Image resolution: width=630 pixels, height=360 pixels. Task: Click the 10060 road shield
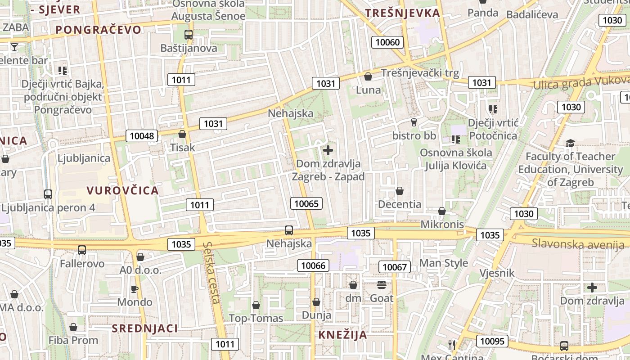pyautogui.click(x=387, y=42)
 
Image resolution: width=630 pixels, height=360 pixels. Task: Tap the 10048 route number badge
pyautogui.click(x=141, y=136)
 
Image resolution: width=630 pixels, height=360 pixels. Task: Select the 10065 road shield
pyautogui.click(x=306, y=203)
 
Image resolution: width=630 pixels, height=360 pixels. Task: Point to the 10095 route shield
pyautogui.click(x=493, y=341)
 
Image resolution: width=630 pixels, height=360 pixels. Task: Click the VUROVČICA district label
pyautogui.click(x=123, y=190)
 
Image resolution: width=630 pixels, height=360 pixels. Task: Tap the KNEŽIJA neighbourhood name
pyautogui.click(x=343, y=335)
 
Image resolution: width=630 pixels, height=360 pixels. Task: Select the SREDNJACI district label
pyautogui.click(x=145, y=328)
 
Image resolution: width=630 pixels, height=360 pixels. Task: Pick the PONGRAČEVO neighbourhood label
pyautogui.click(x=99, y=30)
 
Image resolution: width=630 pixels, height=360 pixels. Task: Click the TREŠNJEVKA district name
pyautogui.click(x=402, y=13)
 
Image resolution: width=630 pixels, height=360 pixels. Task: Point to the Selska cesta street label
pyautogui.click(x=211, y=273)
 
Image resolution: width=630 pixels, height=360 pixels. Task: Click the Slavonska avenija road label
pyautogui.click(x=578, y=244)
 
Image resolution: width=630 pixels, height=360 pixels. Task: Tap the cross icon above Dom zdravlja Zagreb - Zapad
pyautogui.click(x=328, y=150)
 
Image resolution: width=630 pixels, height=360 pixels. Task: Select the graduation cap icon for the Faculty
pyautogui.click(x=570, y=143)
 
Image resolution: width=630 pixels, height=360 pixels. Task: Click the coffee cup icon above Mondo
pyautogui.click(x=134, y=288)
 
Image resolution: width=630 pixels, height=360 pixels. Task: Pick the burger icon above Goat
pyautogui.click(x=382, y=284)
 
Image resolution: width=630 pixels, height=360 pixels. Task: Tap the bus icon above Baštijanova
pyautogui.click(x=189, y=34)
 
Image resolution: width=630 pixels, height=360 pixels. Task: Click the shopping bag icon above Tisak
pyautogui.click(x=182, y=134)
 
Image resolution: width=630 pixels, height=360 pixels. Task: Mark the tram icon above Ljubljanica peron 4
pyautogui.click(x=48, y=194)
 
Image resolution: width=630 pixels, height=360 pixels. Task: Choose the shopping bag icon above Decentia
pyautogui.click(x=400, y=191)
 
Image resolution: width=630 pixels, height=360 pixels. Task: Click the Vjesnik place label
pyautogui.click(x=497, y=273)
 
